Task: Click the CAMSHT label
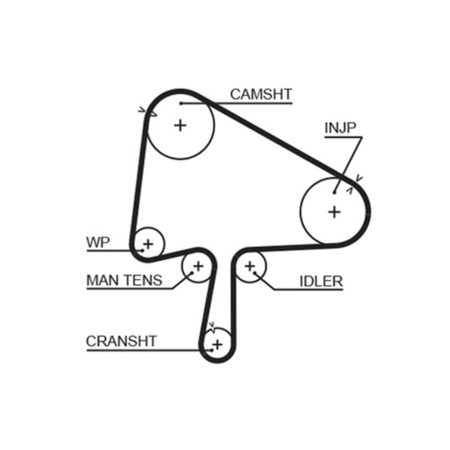(x=261, y=94)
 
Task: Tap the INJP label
(x=340, y=128)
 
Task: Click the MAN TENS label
(x=124, y=281)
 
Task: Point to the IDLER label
(x=321, y=282)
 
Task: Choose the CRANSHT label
(x=121, y=341)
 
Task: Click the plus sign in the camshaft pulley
(x=180, y=125)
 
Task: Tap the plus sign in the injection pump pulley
(x=334, y=211)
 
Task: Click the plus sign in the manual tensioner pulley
(x=198, y=266)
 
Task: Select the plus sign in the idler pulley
(x=250, y=266)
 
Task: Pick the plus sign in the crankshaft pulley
(x=217, y=345)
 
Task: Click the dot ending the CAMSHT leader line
(x=181, y=103)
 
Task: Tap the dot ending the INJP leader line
(x=335, y=193)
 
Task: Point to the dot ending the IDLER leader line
(x=255, y=272)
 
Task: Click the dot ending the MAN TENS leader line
(x=192, y=272)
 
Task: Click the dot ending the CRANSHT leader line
(x=211, y=349)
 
